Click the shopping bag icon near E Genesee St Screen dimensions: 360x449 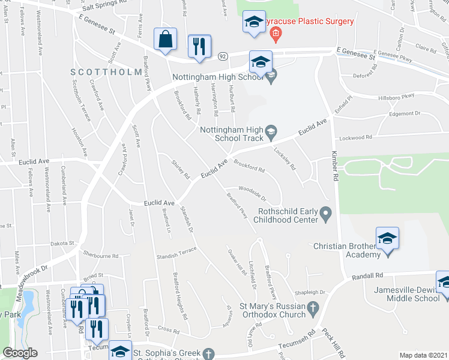click(165, 40)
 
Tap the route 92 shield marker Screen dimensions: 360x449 click(221, 55)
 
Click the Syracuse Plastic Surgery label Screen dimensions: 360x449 click(310, 22)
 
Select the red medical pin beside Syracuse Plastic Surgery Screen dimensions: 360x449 click(275, 34)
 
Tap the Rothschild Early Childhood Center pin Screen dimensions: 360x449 click(326, 213)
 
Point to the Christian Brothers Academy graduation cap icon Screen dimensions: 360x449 click(388, 239)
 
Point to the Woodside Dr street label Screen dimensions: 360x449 click(252, 192)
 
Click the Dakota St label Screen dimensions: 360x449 click(62, 244)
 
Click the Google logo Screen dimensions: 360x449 click(20, 353)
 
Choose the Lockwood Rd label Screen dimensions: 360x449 click(356, 137)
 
